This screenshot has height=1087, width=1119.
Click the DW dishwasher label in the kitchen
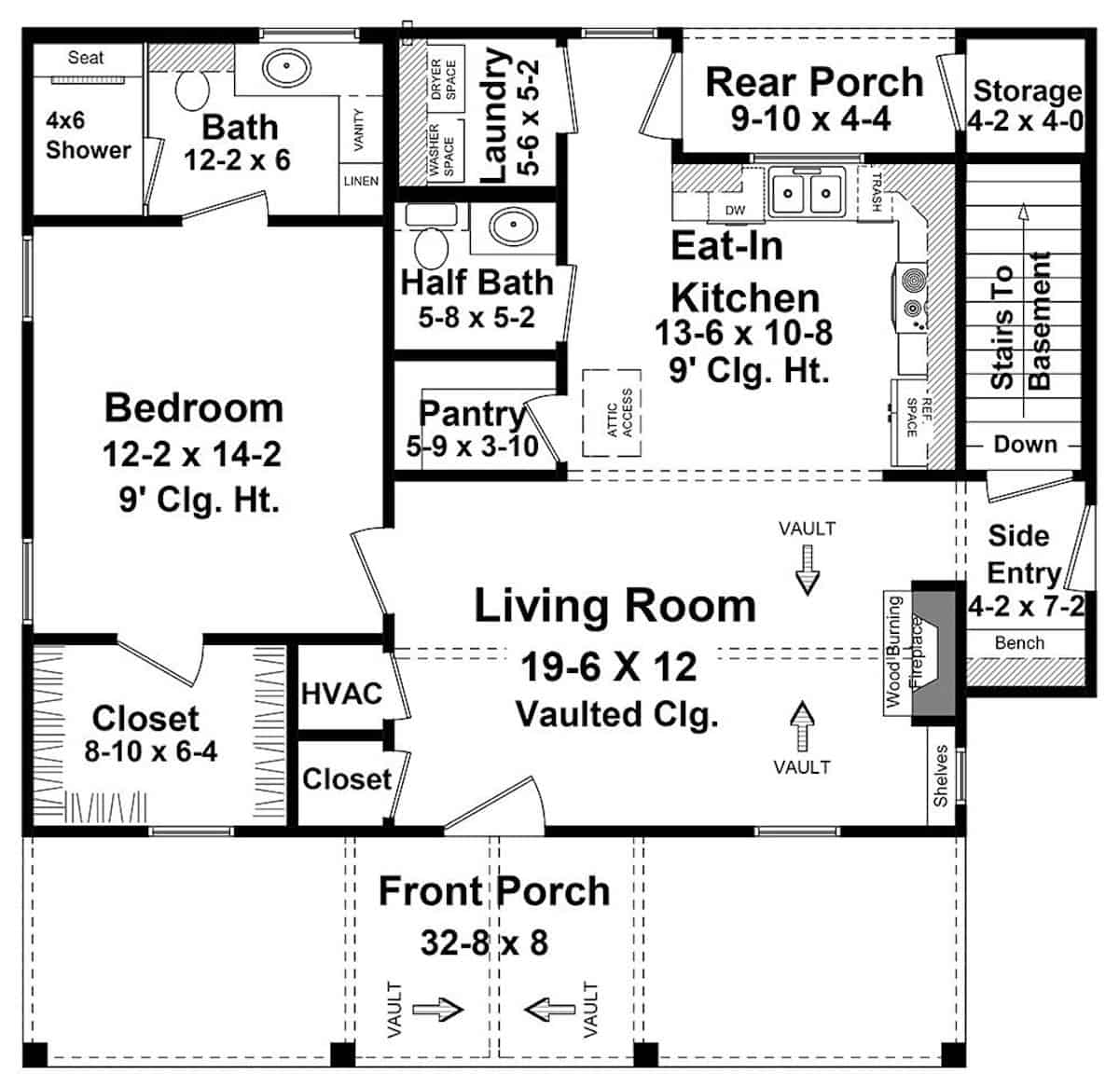tap(735, 210)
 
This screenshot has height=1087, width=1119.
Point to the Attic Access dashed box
tap(612, 412)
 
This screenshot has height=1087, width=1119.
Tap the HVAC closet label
tap(341, 694)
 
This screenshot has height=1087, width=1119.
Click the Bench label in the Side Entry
tap(1019, 642)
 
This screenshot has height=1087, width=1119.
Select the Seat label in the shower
tap(86, 58)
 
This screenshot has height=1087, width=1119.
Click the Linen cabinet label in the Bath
tap(361, 181)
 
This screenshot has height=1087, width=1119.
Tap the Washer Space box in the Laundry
tap(443, 150)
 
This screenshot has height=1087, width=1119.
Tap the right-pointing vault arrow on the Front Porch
tap(437, 1009)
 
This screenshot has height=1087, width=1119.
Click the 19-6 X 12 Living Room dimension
tap(608, 667)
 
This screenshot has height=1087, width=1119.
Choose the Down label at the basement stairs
tap(1025, 445)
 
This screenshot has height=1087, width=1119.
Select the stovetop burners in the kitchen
tap(910, 294)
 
